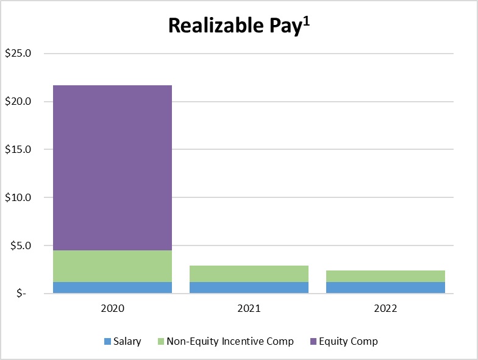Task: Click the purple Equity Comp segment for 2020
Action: [x=112, y=168]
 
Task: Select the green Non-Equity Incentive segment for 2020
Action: [x=112, y=266]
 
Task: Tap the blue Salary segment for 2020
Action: [x=112, y=288]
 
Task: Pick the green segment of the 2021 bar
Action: [x=249, y=274]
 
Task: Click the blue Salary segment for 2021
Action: [x=249, y=288]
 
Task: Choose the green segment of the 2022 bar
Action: [x=385, y=276]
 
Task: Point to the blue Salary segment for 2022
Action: [x=385, y=288]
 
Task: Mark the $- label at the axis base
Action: [x=23, y=294]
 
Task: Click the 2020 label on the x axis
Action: [x=112, y=309]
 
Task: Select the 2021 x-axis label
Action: [x=249, y=309]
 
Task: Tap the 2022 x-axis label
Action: [x=385, y=309]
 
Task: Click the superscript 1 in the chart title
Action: [x=307, y=19]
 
